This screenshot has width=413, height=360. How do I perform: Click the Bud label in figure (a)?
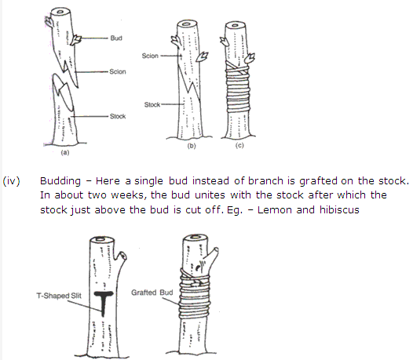coord(116,38)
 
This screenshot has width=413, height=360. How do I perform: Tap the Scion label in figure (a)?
coord(118,71)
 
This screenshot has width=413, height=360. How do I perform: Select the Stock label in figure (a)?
coord(118,116)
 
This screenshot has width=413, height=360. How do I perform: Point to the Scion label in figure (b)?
coord(150,56)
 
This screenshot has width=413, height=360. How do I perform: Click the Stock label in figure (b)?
coord(152,105)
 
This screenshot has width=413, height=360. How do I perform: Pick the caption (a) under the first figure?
coord(65,152)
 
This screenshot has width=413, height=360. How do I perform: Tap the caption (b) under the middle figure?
coord(192,146)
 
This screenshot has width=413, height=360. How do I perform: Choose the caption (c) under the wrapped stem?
coord(239,145)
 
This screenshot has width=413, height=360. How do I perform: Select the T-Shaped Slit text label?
coord(59,296)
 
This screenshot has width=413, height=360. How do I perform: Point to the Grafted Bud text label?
coord(152,293)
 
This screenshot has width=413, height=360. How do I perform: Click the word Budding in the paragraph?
coord(60,181)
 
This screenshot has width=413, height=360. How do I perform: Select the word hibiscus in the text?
coord(339,210)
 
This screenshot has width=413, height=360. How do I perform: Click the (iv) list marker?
coord(11,181)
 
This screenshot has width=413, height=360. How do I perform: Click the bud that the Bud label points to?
coord(76,39)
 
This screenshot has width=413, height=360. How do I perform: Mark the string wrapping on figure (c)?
coord(237,87)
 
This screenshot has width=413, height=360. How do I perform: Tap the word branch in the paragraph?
coord(265,181)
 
